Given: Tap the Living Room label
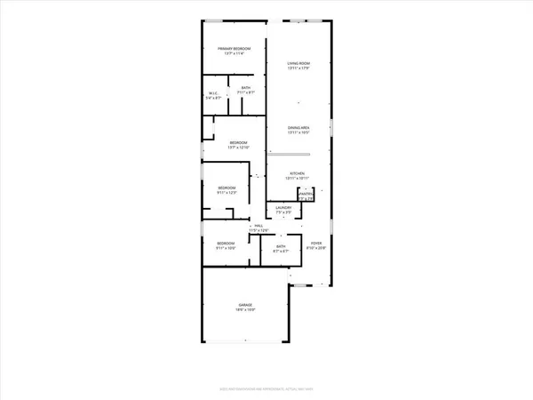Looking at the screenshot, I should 297,62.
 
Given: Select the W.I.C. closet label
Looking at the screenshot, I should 213,93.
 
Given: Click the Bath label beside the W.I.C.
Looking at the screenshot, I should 246,88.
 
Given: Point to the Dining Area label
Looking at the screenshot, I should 297,128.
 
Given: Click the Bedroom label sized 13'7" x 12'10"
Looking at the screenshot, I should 237,142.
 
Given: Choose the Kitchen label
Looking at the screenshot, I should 297,173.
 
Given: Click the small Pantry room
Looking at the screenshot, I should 306,196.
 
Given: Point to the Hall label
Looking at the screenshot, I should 258,227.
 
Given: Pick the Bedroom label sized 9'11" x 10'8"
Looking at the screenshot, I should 226,243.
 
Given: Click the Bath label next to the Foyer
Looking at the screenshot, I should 280,246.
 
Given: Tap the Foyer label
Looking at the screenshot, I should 315,243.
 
